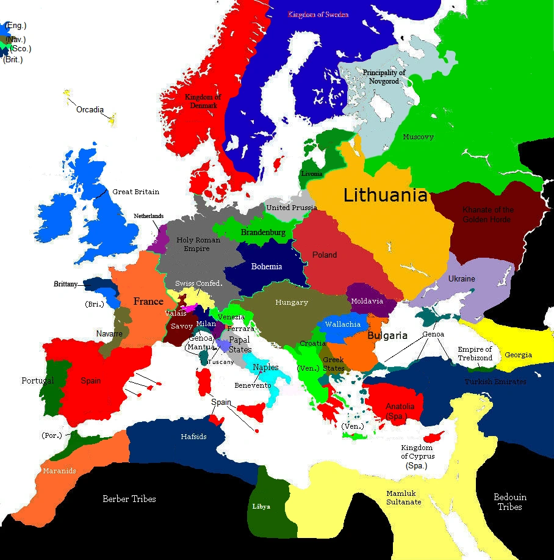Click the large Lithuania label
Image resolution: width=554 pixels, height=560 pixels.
[385, 195]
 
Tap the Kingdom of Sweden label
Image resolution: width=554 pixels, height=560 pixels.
[318, 14]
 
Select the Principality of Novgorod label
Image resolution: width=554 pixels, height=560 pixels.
[384, 77]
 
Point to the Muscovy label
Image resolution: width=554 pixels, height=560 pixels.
[418, 137]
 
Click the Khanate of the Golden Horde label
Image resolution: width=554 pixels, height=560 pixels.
[488, 214]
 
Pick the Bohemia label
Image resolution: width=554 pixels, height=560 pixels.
[267, 266]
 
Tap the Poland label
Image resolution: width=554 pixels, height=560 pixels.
[324, 255]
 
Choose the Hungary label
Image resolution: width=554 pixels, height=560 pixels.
[292, 302]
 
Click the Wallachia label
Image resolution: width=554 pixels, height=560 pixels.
[342, 324]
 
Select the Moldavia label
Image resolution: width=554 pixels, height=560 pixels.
[367, 301]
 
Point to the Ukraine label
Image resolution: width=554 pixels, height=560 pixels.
[461, 278]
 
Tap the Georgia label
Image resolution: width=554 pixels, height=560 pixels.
[518, 355]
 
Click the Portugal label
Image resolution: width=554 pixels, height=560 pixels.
[38, 380]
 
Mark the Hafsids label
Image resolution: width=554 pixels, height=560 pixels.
[193, 437]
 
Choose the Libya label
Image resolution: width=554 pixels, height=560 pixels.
[261, 506]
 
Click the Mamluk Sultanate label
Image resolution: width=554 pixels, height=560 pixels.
[403, 498]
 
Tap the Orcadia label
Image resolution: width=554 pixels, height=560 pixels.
[90, 110]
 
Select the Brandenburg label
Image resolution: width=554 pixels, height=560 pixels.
[263, 233]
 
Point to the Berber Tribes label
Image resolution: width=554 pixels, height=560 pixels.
[129, 499]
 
